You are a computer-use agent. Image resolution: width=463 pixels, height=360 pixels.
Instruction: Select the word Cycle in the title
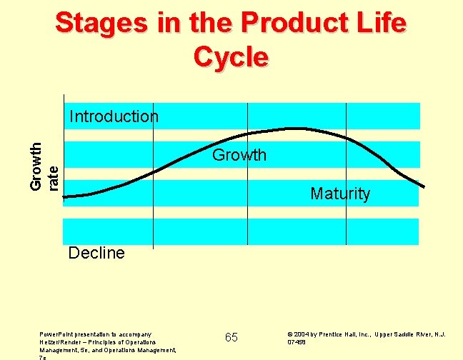[x=231, y=56]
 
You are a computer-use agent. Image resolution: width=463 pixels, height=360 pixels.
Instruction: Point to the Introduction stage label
[x=114, y=116]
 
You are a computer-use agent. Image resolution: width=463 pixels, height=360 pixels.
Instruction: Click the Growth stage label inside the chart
[x=239, y=155]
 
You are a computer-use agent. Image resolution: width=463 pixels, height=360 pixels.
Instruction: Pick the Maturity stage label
[x=340, y=194]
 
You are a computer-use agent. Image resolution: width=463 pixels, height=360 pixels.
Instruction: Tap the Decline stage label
[x=96, y=253]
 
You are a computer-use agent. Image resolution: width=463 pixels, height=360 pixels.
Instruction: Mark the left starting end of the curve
[x=65, y=196]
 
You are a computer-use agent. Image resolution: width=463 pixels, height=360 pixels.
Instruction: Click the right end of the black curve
[x=424, y=187]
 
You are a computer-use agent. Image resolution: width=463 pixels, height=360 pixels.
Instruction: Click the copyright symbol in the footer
[x=289, y=334]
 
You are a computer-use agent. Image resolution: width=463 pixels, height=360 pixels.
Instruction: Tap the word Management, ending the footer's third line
[x=161, y=350]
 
